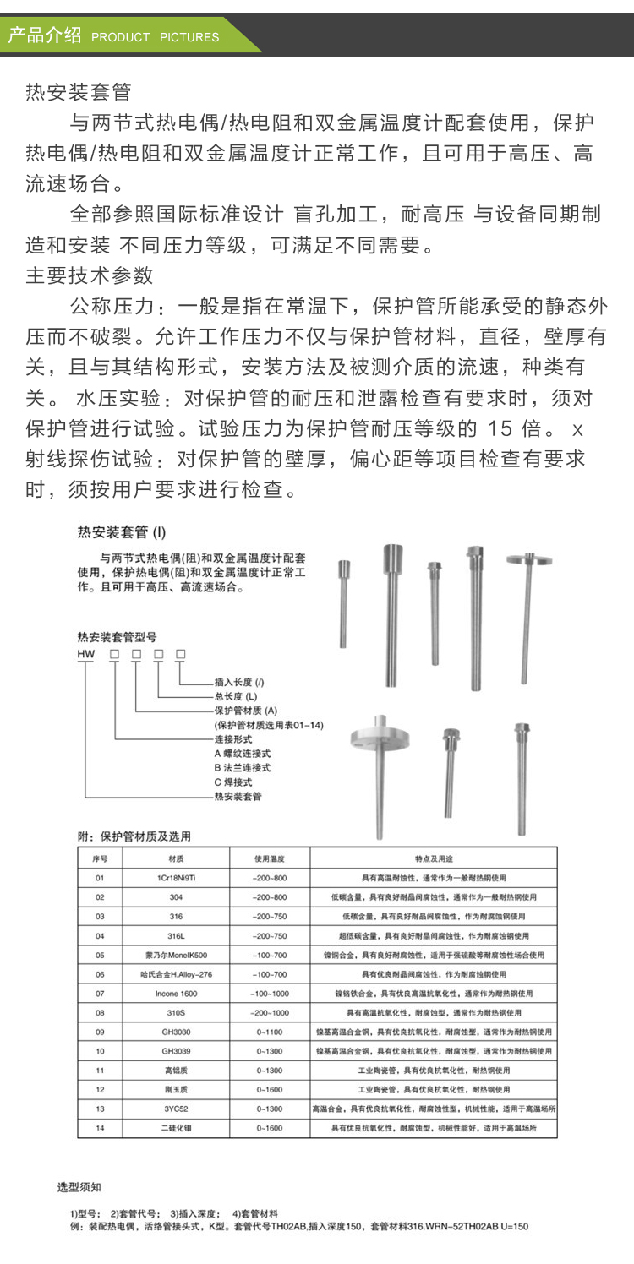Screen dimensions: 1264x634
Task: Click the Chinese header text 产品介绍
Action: pyautogui.click(x=44, y=35)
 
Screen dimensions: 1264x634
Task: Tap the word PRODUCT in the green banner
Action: pyautogui.click(x=120, y=37)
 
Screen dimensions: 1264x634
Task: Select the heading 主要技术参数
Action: pyautogui.click(x=90, y=275)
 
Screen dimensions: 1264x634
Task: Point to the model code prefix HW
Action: pyautogui.click(x=86, y=654)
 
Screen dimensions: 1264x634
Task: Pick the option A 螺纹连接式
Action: pyautogui.click(x=242, y=753)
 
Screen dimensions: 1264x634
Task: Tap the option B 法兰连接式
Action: pyautogui.click(x=242, y=767)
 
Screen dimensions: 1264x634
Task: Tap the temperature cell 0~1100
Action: pyautogui.click(x=270, y=1032)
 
